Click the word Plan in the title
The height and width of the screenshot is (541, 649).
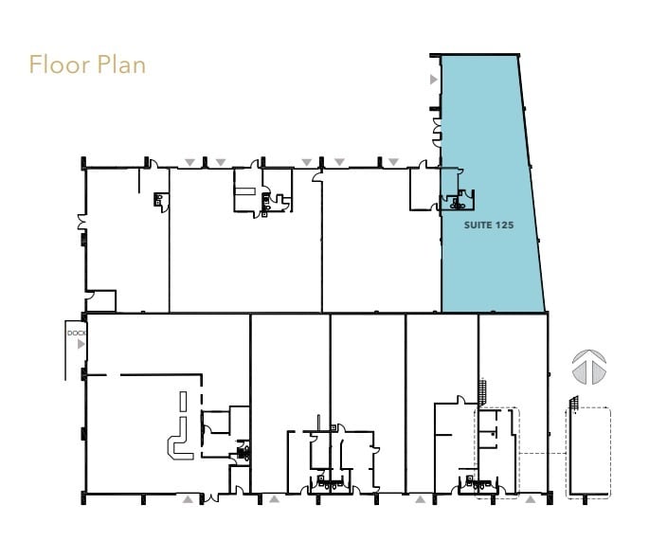pyautogui.click(x=120, y=65)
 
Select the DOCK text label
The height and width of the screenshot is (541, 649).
pyautogui.click(x=76, y=334)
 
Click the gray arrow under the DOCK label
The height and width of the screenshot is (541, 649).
pyautogui.click(x=81, y=345)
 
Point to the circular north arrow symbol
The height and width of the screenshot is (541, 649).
pyautogui.click(x=589, y=368)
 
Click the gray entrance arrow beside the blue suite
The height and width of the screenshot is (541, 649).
pyautogui.click(x=434, y=81)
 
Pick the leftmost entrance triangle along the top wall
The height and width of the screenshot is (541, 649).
pyautogui.click(x=189, y=162)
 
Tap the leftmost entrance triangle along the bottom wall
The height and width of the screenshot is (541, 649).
pyautogui.click(x=188, y=497)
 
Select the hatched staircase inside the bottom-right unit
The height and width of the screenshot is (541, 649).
pyautogui.click(x=483, y=389)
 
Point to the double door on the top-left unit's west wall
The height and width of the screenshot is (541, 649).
pyautogui.click(x=82, y=225)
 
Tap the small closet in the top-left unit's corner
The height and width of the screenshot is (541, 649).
pyautogui.click(x=100, y=300)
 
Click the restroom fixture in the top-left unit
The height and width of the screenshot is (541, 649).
pyautogui.click(x=159, y=199)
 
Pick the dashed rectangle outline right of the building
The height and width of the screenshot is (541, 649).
pyautogui.click(x=588, y=453)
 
